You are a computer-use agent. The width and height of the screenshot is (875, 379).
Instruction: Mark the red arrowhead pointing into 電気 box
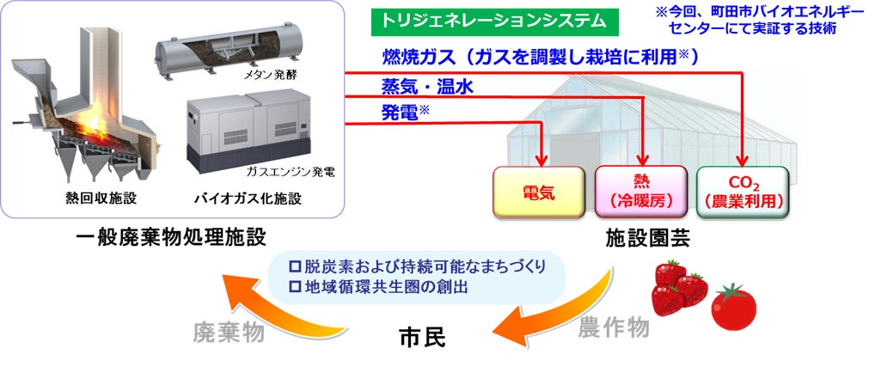click(541, 161)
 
